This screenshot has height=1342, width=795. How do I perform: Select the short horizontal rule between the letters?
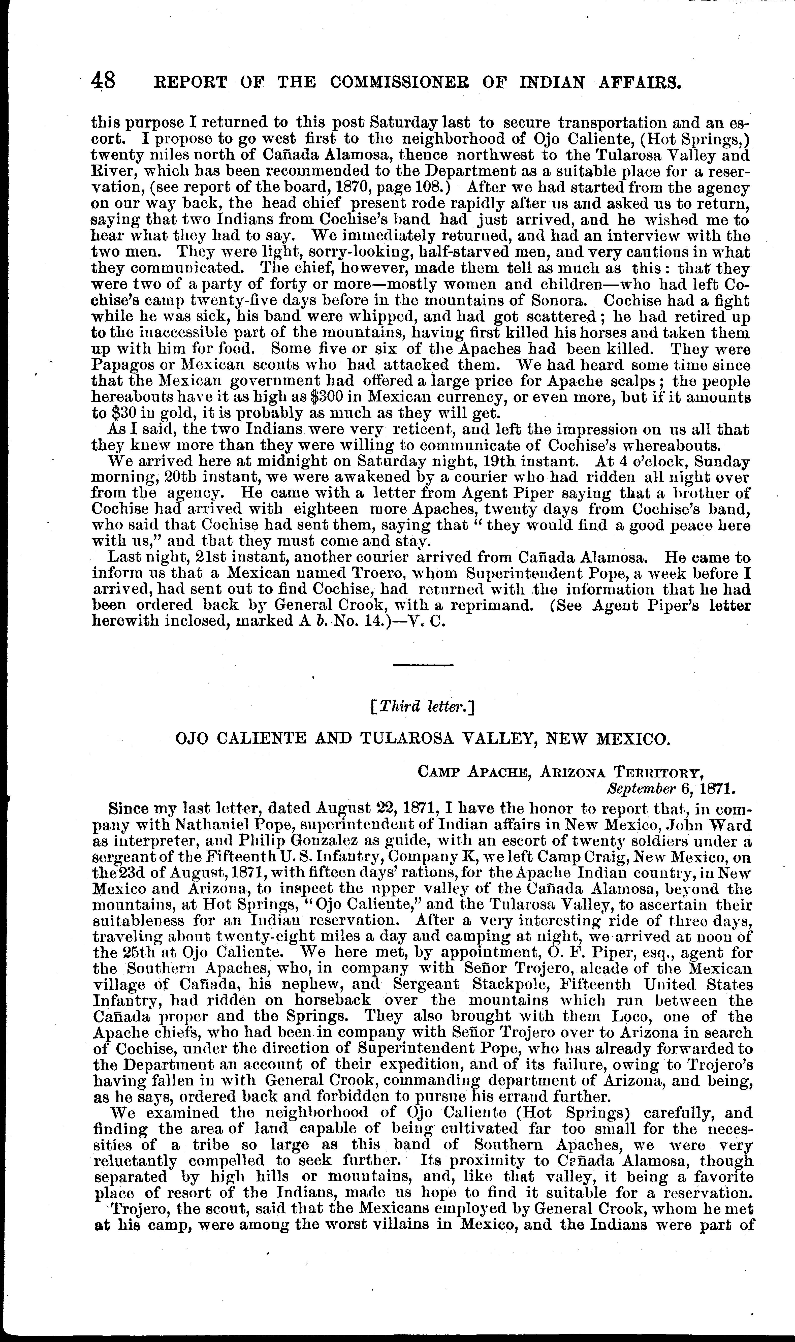(423, 665)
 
